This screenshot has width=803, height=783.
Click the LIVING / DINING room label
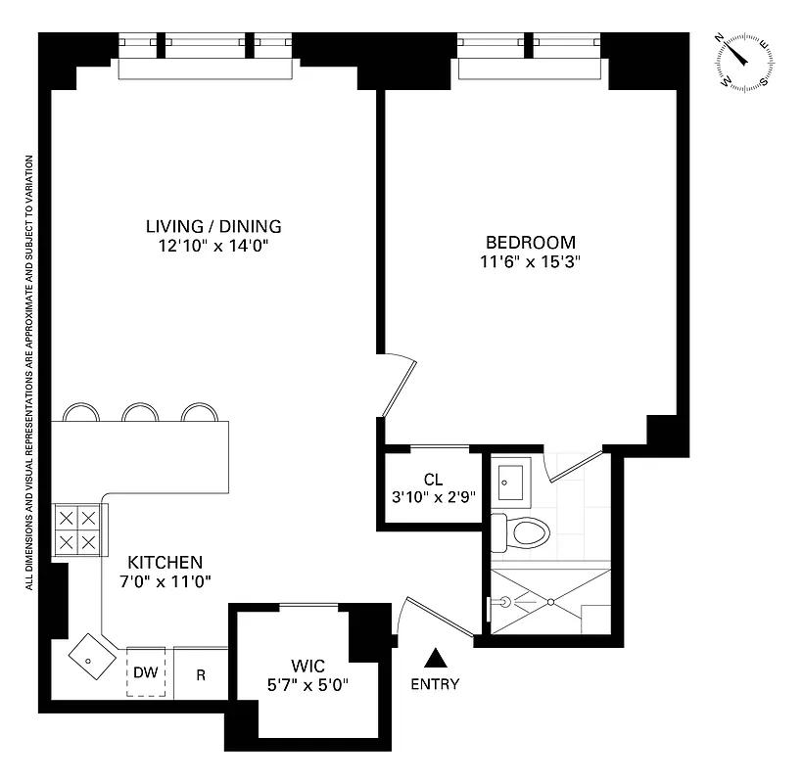click(214, 227)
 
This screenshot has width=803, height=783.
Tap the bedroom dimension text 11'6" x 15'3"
click(530, 261)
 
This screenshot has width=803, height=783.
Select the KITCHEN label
click(165, 563)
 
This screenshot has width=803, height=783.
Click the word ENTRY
click(436, 684)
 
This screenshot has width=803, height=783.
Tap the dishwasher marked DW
click(146, 673)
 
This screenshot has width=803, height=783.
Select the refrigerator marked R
click(201, 674)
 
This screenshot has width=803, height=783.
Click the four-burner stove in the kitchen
click(76, 530)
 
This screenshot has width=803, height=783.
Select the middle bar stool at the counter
click(141, 412)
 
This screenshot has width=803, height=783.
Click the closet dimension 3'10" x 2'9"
click(434, 496)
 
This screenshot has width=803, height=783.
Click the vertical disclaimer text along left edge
click(31, 372)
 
